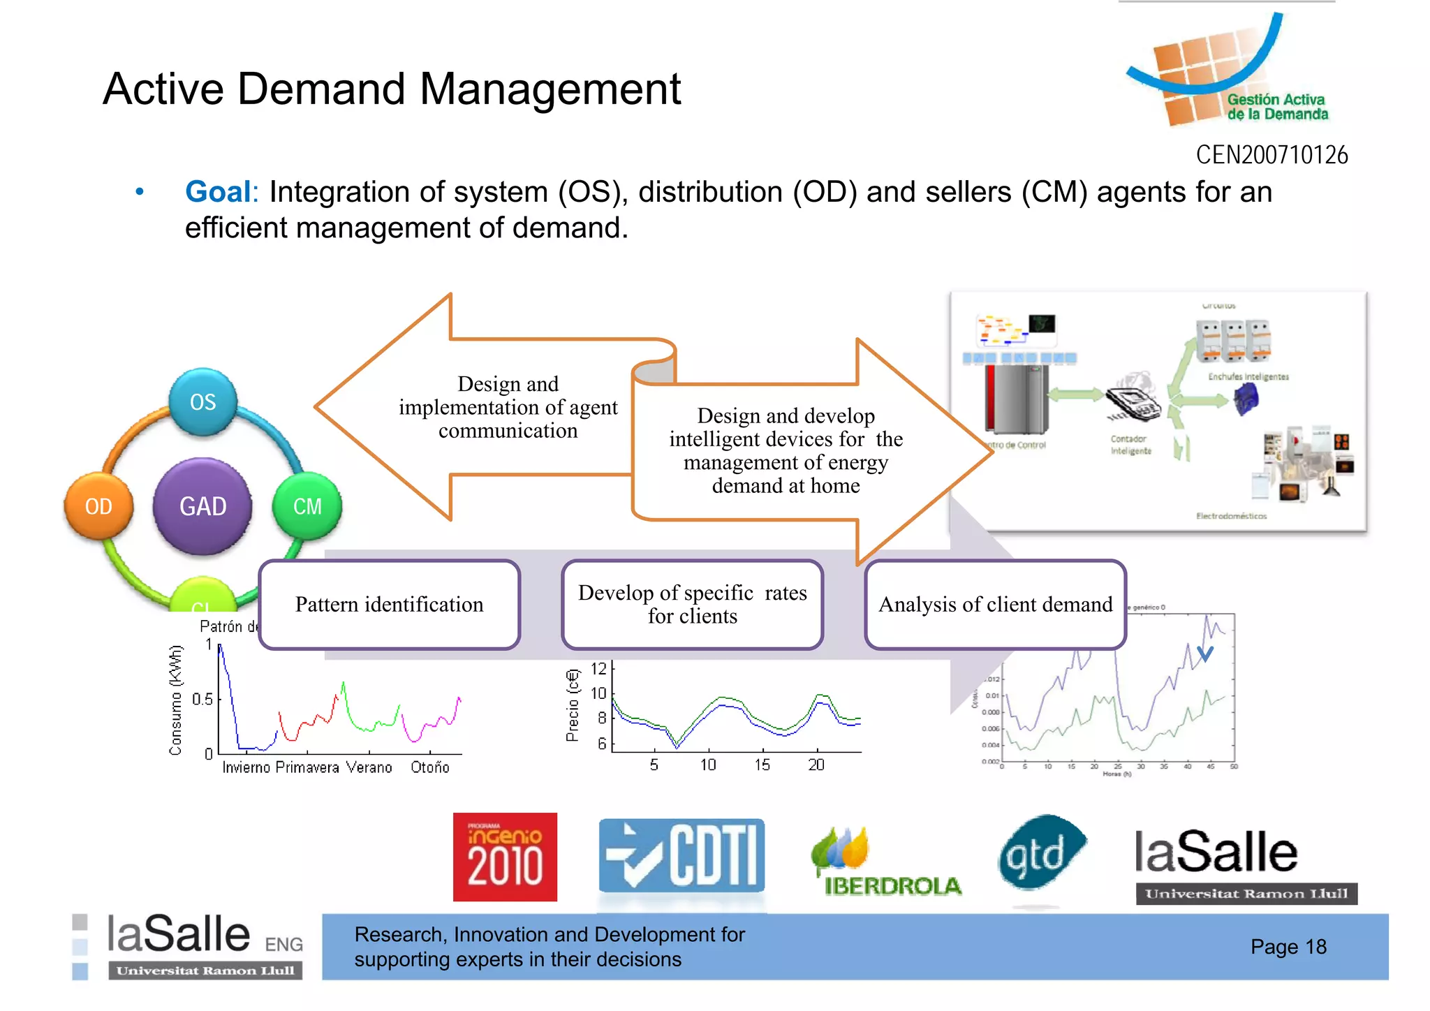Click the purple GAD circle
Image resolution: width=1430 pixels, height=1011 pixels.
[x=202, y=506]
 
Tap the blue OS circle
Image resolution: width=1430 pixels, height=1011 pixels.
[x=203, y=402]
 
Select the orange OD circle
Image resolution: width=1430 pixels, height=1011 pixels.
[x=98, y=506]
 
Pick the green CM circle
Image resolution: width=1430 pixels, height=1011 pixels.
[x=307, y=506]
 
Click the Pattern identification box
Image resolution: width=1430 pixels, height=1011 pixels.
[x=389, y=605]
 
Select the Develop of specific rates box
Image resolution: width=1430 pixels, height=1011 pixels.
[x=692, y=605]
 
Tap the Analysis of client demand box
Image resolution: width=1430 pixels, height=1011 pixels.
[x=995, y=605]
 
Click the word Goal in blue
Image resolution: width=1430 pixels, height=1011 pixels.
[x=218, y=192]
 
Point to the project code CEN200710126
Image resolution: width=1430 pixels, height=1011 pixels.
[x=1271, y=155]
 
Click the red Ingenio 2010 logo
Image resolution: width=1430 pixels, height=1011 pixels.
[x=505, y=857]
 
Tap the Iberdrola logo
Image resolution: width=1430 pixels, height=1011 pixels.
[x=886, y=862]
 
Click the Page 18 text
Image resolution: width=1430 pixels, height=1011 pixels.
[x=1288, y=947]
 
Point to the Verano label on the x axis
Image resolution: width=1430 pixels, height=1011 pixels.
[x=369, y=767]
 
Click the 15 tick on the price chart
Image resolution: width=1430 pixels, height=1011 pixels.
[x=762, y=765]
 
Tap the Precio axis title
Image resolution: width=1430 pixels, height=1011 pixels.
[x=573, y=705]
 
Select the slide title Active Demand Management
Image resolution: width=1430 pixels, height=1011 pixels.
[x=392, y=89]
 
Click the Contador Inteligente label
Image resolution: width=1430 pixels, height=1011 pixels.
[x=1130, y=445]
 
